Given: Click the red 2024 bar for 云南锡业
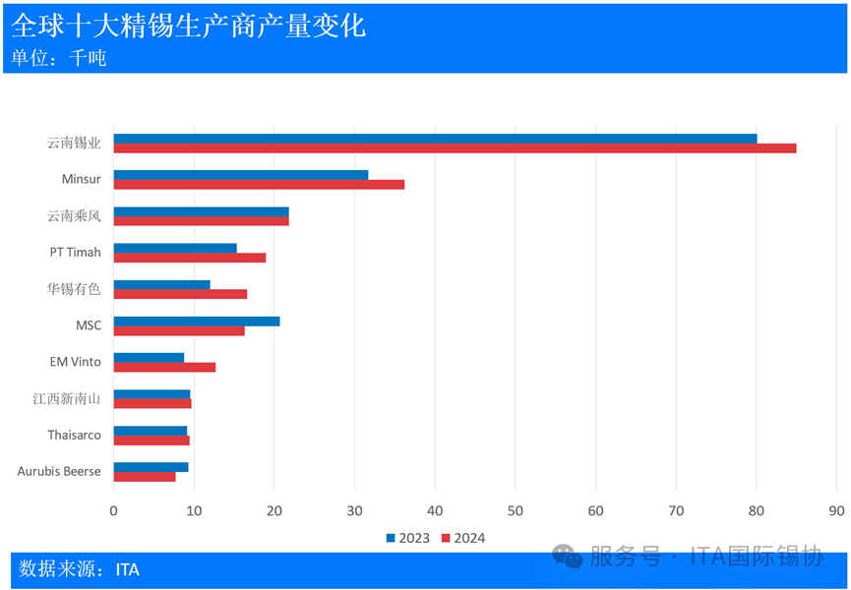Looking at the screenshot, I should (x=455, y=148).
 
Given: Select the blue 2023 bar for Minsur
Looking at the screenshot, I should (x=241, y=175).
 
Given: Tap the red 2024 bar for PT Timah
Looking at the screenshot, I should (x=190, y=258).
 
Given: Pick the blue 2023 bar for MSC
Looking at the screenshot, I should (x=197, y=322).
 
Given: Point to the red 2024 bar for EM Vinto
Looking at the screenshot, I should (x=164, y=367).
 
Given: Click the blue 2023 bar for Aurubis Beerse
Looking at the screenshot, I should (x=151, y=467).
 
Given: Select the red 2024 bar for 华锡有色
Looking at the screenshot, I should (x=180, y=294).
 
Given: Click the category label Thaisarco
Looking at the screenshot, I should (x=74, y=435).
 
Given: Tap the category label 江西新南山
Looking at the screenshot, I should (x=67, y=398).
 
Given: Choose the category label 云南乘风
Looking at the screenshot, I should (x=74, y=216).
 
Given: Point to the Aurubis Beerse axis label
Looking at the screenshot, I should (x=59, y=471).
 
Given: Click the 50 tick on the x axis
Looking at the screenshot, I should (x=515, y=510).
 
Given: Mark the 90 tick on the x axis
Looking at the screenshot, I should (x=836, y=510).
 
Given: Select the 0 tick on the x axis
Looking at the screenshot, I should (x=114, y=510).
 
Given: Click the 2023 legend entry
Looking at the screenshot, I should (x=407, y=538).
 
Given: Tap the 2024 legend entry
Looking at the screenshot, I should (x=462, y=538).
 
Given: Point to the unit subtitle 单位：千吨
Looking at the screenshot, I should (x=59, y=58).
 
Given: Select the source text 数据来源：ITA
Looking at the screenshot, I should (x=79, y=568).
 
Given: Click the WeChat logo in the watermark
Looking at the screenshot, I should (x=568, y=557).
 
